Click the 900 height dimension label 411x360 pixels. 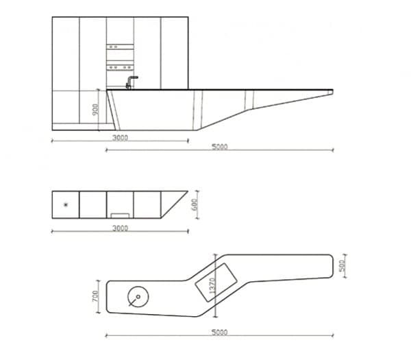(x=97, y=109)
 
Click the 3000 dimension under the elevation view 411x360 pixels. (x=120, y=137)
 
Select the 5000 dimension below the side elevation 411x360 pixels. (x=219, y=146)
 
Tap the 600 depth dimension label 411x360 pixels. (x=194, y=204)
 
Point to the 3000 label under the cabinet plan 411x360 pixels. (x=120, y=228)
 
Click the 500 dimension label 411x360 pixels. (x=342, y=264)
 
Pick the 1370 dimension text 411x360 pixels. (x=213, y=288)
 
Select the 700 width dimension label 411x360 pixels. (x=97, y=296)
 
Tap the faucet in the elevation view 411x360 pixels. (x=130, y=82)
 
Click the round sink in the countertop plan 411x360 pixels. (x=138, y=297)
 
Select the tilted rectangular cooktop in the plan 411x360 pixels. (x=216, y=281)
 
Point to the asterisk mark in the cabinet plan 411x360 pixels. (x=66, y=204)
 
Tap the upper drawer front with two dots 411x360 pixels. (x=119, y=47)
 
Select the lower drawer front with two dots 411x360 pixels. (x=119, y=67)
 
